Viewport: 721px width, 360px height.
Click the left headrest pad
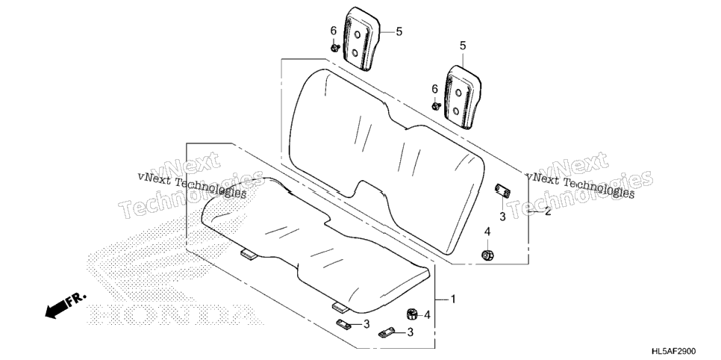[x=362, y=39]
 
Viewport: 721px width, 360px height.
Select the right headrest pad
[x=463, y=97]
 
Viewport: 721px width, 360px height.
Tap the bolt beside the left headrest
[x=334, y=47]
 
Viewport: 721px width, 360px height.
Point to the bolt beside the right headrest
[x=436, y=106]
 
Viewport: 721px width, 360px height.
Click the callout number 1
[x=453, y=300]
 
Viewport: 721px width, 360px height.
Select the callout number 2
[x=548, y=212]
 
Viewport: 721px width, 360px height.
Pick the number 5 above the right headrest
[x=463, y=46]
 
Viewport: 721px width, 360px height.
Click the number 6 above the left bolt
[x=334, y=31]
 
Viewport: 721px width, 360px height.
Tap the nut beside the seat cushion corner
[x=413, y=314]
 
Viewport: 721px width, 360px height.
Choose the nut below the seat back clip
[x=487, y=255]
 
